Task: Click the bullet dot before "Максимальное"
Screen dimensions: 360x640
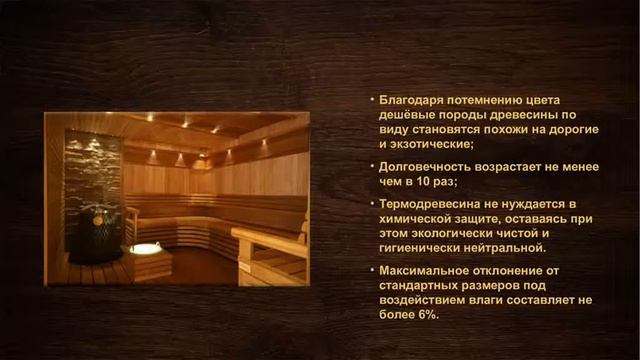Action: click(370, 272)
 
